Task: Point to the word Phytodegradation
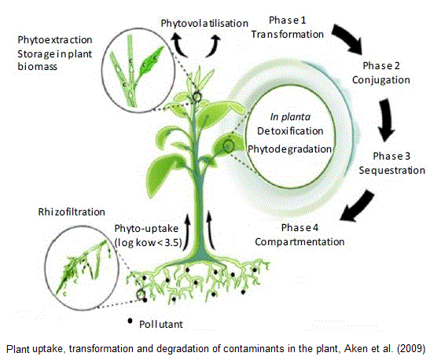click(x=289, y=148)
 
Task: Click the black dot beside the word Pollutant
click(x=130, y=321)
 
